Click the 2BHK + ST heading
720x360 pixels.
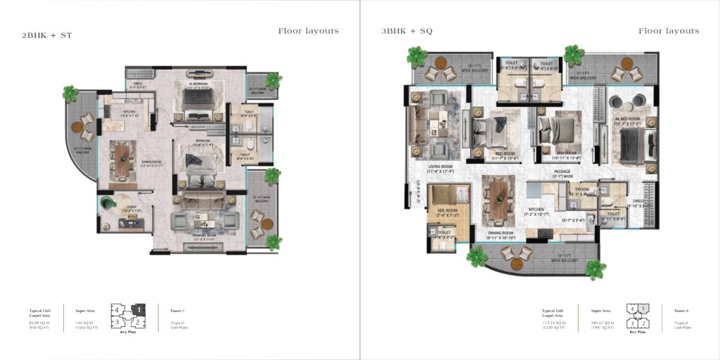click(47, 34)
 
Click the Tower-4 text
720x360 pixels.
click(681, 310)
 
